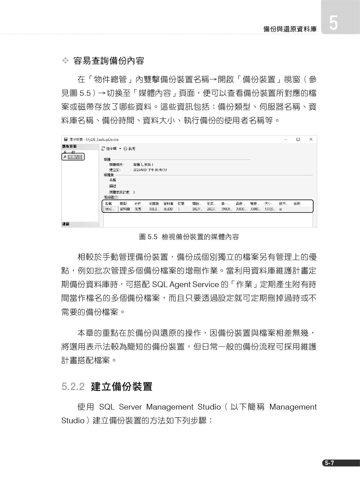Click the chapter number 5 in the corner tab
[333, 23]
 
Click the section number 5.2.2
[73, 387]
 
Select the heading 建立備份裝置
[122, 387]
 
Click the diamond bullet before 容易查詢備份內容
[65, 61]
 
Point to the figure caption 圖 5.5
[148, 237]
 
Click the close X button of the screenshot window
[311, 139]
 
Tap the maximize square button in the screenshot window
[298, 139]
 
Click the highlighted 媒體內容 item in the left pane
[75, 157]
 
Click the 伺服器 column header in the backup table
[154, 204]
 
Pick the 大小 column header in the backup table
[268, 204]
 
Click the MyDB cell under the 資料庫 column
[168, 209]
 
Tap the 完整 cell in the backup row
[138, 209]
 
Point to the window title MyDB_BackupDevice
[102, 139]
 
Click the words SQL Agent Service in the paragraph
[185, 285]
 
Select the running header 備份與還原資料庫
[290, 29]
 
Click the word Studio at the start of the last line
[73, 421]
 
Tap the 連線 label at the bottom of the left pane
[66, 224]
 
